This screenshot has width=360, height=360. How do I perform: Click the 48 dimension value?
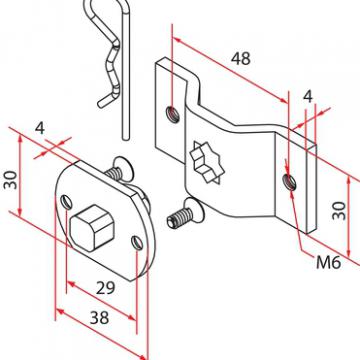[x=241, y=59]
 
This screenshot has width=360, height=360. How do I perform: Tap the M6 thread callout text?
[x=328, y=263]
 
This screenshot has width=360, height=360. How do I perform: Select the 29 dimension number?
[x=105, y=288]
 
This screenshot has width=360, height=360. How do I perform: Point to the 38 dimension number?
[x=99, y=318]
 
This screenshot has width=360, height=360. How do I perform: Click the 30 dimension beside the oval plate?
[x=11, y=180]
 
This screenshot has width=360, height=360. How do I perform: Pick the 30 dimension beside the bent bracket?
[x=339, y=211]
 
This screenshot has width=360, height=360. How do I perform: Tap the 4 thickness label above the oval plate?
[x=40, y=128]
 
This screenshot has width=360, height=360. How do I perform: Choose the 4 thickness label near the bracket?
[x=308, y=97]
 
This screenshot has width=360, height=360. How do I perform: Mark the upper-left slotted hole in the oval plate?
[x=66, y=202]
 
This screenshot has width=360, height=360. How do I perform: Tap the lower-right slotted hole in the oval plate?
[x=137, y=243]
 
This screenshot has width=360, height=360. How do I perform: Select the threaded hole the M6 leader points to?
[x=289, y=182]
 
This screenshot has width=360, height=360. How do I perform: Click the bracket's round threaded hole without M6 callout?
[x=173, y=114]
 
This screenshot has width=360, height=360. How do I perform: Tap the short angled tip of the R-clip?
[x=104, y=100]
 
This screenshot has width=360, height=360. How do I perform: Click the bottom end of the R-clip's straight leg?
[x=125, y=137]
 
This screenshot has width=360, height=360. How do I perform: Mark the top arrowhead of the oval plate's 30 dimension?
[x=20, y=138]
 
